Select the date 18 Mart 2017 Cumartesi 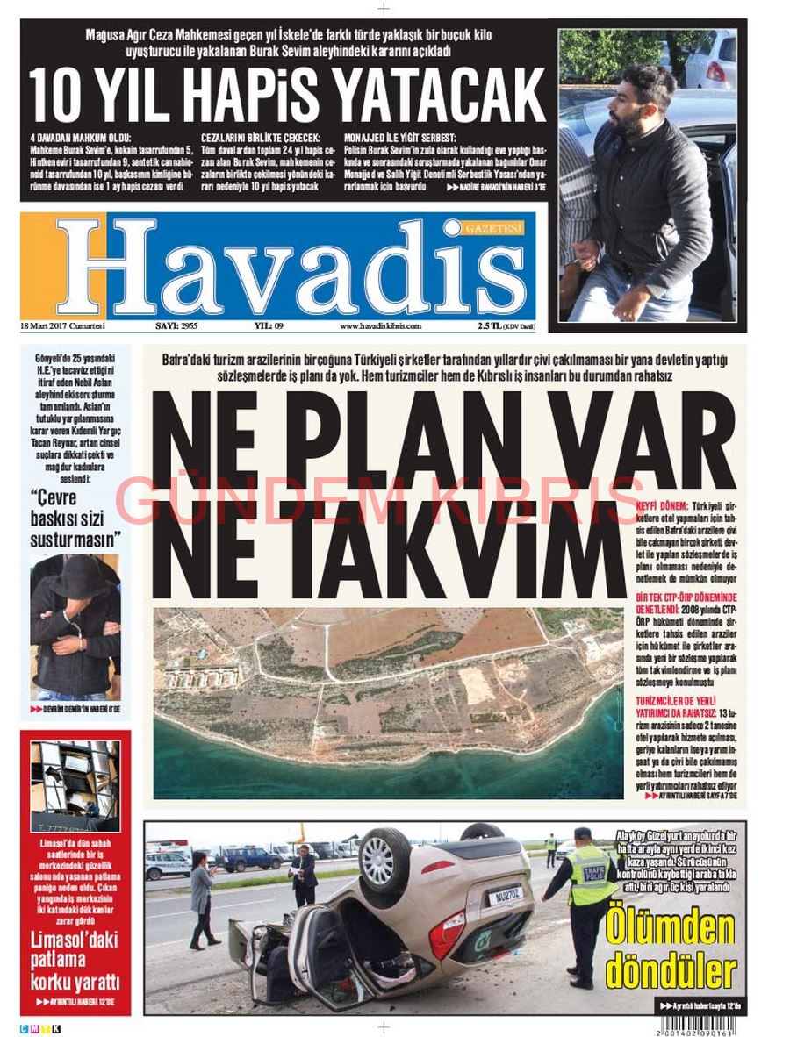click(62, 325)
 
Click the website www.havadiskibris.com click(380, 325)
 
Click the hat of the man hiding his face click(77, 576)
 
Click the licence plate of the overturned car click(506, 896)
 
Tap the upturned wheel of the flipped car click(385, 861)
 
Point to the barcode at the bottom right click(698, 1022)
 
